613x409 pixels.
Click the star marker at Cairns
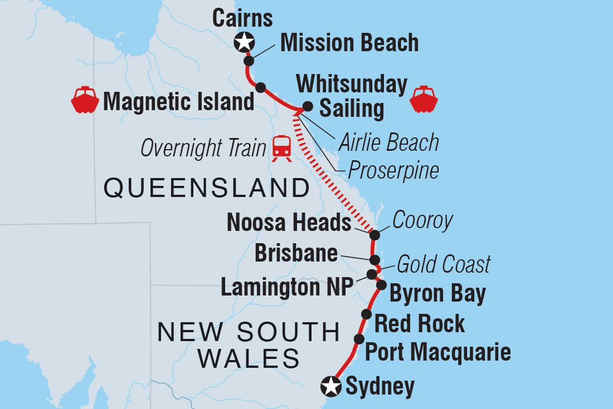click(x=245, y=41)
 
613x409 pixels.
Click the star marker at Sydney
click(x=332, y=386)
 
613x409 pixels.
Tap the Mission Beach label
click(x=349, y=43)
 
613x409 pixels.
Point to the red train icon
click(x=281, y=147)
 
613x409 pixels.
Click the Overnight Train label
click(x=203, y=148)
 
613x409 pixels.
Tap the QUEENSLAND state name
click(x=207, y=189)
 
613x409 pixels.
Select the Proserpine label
click(x=393, y=170)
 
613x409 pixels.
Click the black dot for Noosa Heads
click(x=375, y=234)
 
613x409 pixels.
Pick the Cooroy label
click(x=422, y=221)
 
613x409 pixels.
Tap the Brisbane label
click(x=296, y=253)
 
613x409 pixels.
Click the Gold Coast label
click(x=444, y=264)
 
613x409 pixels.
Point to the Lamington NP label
click(x=288, y=287)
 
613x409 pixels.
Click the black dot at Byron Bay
click(x=381, y=285)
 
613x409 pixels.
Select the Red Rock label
click(x=420, y=323)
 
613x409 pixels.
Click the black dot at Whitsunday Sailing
click(x=307, y=106)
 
